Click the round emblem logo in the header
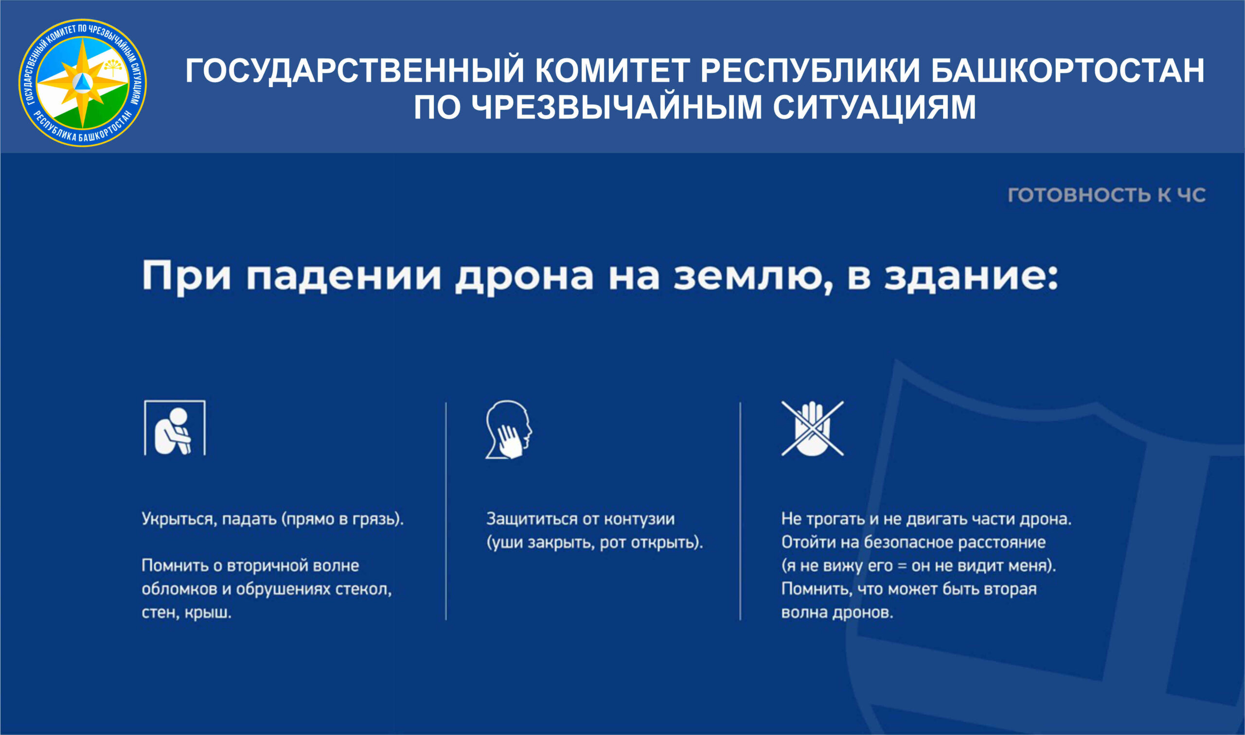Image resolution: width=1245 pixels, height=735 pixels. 82,83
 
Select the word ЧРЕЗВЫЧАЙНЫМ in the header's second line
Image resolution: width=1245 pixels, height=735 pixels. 617,107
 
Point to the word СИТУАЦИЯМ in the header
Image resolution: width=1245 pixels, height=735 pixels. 874,107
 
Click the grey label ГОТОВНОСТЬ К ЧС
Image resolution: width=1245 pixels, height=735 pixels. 1107,194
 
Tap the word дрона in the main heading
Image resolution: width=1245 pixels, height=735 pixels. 525,277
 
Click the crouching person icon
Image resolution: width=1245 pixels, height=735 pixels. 175,427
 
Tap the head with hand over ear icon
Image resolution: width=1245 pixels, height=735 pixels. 508,429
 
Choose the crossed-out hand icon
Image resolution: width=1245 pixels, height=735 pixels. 813,428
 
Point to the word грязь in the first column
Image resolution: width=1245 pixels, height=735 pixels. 376,520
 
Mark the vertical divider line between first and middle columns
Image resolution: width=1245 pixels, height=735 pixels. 446,511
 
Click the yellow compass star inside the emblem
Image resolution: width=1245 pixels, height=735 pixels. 83,83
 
